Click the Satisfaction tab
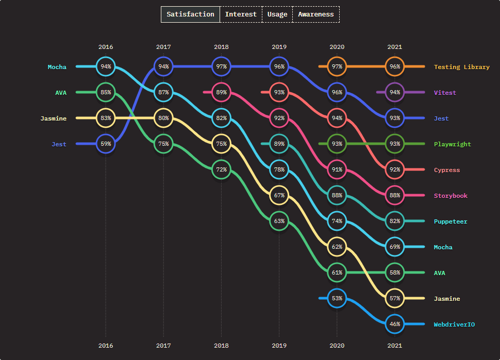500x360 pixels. (190, 14)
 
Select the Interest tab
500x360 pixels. (241, 14)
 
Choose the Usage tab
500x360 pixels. (277, 14)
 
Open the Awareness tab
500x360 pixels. (315, 14)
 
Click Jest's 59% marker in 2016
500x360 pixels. (106, 144)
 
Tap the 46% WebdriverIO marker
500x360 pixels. (395, 324)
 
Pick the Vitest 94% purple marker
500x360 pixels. (395, 92)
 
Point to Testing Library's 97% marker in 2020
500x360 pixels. (337, 66)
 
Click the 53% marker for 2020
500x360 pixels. (337, 298)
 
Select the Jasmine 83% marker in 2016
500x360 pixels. (106, 118)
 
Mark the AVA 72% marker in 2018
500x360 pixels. (222, 169)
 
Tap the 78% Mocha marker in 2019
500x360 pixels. (279, 169)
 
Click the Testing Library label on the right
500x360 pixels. (461, 67)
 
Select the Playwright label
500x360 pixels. (452, 144)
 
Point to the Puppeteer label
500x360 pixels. (451, 221)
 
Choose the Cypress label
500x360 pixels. (446, 170)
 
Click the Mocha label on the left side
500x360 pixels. (57, 67)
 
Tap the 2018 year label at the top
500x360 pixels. (222, 47)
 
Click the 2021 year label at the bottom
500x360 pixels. (395, 346)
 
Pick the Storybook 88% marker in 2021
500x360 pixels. (395, 195)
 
